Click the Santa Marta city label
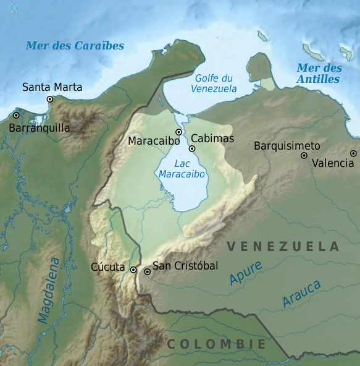coord(52,87)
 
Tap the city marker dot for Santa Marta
coord(50,99)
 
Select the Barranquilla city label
coord(39,128)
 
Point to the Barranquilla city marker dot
coord(16,115)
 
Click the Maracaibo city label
coord(154,141)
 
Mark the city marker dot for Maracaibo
coord(178,132)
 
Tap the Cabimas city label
coord(212,138)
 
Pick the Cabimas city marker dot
coord(192,148)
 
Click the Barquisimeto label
coord(287,146)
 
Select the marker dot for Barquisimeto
coord(304,155)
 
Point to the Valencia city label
coord(333,163)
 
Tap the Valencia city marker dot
coord(353,153)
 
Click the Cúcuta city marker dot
coord(133,270)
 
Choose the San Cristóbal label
coord(185,266)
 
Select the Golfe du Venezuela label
coord(214,83)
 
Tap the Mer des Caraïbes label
coord(75,46)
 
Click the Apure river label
coord(245,273)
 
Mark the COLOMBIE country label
coord(216,344)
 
